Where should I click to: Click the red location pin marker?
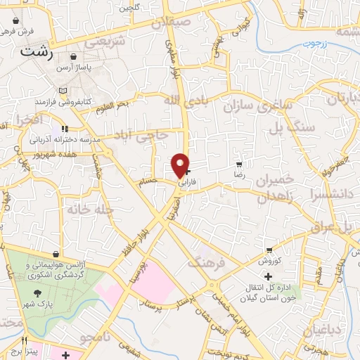coord(181,165)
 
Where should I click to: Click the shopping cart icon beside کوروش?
coord(269,251)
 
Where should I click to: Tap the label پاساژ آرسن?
coord(94,66)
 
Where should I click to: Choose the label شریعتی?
coord(105,42)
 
